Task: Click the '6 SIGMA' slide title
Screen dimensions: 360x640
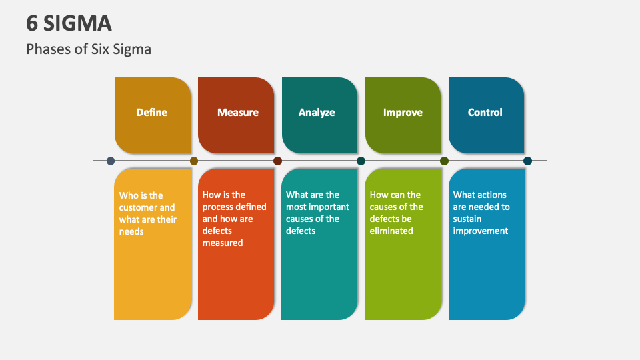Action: [x=69, y=23]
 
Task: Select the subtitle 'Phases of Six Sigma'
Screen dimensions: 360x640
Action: [x=89, y=49]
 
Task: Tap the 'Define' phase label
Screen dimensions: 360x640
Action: [x=151, y=113]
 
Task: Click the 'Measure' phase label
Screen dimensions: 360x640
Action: [x=237, y=113]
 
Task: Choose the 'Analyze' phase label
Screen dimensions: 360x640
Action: [x=317, y=113]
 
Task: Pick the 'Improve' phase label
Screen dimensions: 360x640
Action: [x=403, y=113]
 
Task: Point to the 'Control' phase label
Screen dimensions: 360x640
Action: [x=485, y=113]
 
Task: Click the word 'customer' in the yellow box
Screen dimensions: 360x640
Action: [x=138, y=207]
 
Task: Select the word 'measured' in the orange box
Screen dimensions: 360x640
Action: [x=223, y=243]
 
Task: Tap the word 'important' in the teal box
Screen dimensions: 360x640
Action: [x=329, y=207]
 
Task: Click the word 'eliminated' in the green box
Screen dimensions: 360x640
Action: [x=391, y=231]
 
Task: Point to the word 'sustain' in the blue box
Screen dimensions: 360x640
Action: [x=468, y=219]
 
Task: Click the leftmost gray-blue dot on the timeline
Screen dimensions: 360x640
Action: [x=111, y=161]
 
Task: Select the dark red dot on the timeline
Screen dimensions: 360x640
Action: [x=277, y=161]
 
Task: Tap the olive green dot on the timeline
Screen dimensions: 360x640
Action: [x=444, y=161]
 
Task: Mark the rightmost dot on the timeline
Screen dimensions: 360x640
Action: [x=527, y=161]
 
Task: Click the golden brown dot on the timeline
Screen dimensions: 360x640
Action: [x=194, y=161]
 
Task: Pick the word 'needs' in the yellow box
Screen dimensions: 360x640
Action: [x=131, y=231]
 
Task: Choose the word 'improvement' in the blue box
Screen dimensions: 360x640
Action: [x=481, y=231]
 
